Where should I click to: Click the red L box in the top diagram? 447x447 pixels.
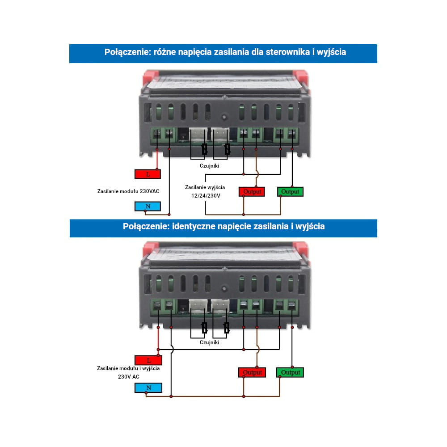(148, 174)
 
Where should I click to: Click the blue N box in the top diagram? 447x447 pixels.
(148, 206)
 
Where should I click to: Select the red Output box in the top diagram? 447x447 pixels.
(252, 192)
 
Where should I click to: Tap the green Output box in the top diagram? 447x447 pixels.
(290, 192)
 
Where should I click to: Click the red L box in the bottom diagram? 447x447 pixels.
(148, 360)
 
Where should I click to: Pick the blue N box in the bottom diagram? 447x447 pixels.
(148, 388)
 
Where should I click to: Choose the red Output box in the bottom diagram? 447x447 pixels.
(252, 372)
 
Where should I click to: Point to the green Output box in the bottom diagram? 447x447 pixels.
(290, 372)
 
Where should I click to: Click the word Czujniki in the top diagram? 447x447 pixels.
(209, 165)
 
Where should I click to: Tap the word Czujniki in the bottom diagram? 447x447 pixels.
(209, 342)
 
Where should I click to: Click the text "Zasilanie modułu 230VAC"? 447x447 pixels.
(128, 191)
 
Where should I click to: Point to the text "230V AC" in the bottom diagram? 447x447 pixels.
(128, 377)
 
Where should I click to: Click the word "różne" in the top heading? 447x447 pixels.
(165, 52)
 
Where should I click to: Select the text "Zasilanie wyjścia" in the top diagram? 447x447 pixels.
(205, 187)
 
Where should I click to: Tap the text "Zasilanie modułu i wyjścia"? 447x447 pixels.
(128, 369)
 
